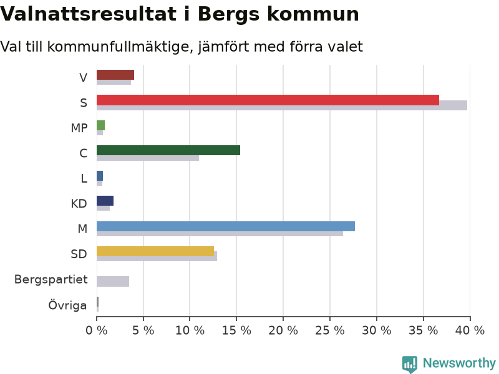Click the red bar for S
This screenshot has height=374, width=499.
[268, 100]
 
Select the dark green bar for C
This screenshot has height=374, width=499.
[168, 150]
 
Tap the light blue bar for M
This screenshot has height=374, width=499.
[226, 226]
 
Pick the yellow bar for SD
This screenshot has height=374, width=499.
[155, 251]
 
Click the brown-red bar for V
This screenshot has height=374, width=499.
[115, 75]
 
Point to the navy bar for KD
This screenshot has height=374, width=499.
[105, 201]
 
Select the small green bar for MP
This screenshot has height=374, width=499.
[100, 125]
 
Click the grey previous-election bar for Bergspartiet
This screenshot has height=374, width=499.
[113, 282]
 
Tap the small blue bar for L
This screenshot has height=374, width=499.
[100, 176]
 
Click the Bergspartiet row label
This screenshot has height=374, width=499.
[51, 279]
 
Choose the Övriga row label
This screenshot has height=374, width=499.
[67, 305]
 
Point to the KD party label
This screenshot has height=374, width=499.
[79, 204]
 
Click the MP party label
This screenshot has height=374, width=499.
[79, 128]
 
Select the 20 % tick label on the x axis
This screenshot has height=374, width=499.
[283, 331]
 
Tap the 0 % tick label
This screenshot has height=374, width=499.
[97, 331]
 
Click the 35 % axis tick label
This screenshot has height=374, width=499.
[424, 331]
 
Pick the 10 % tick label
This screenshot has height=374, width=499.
[190, 331]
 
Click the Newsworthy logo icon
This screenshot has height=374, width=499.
[410, 363]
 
